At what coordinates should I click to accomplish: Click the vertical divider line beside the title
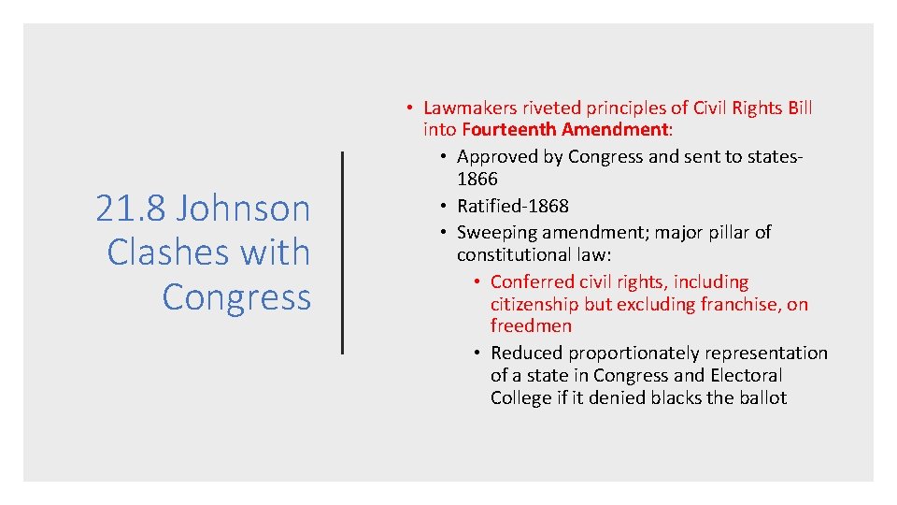[x=342, y=252]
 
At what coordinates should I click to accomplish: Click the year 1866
[x=477, y=179]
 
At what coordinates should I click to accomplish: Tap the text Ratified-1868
[x=512, y=206]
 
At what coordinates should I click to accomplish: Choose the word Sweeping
[x=495, y=232]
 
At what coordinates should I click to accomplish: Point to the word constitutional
[x=510, y=254]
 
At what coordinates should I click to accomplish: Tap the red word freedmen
[x=531, y=325]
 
